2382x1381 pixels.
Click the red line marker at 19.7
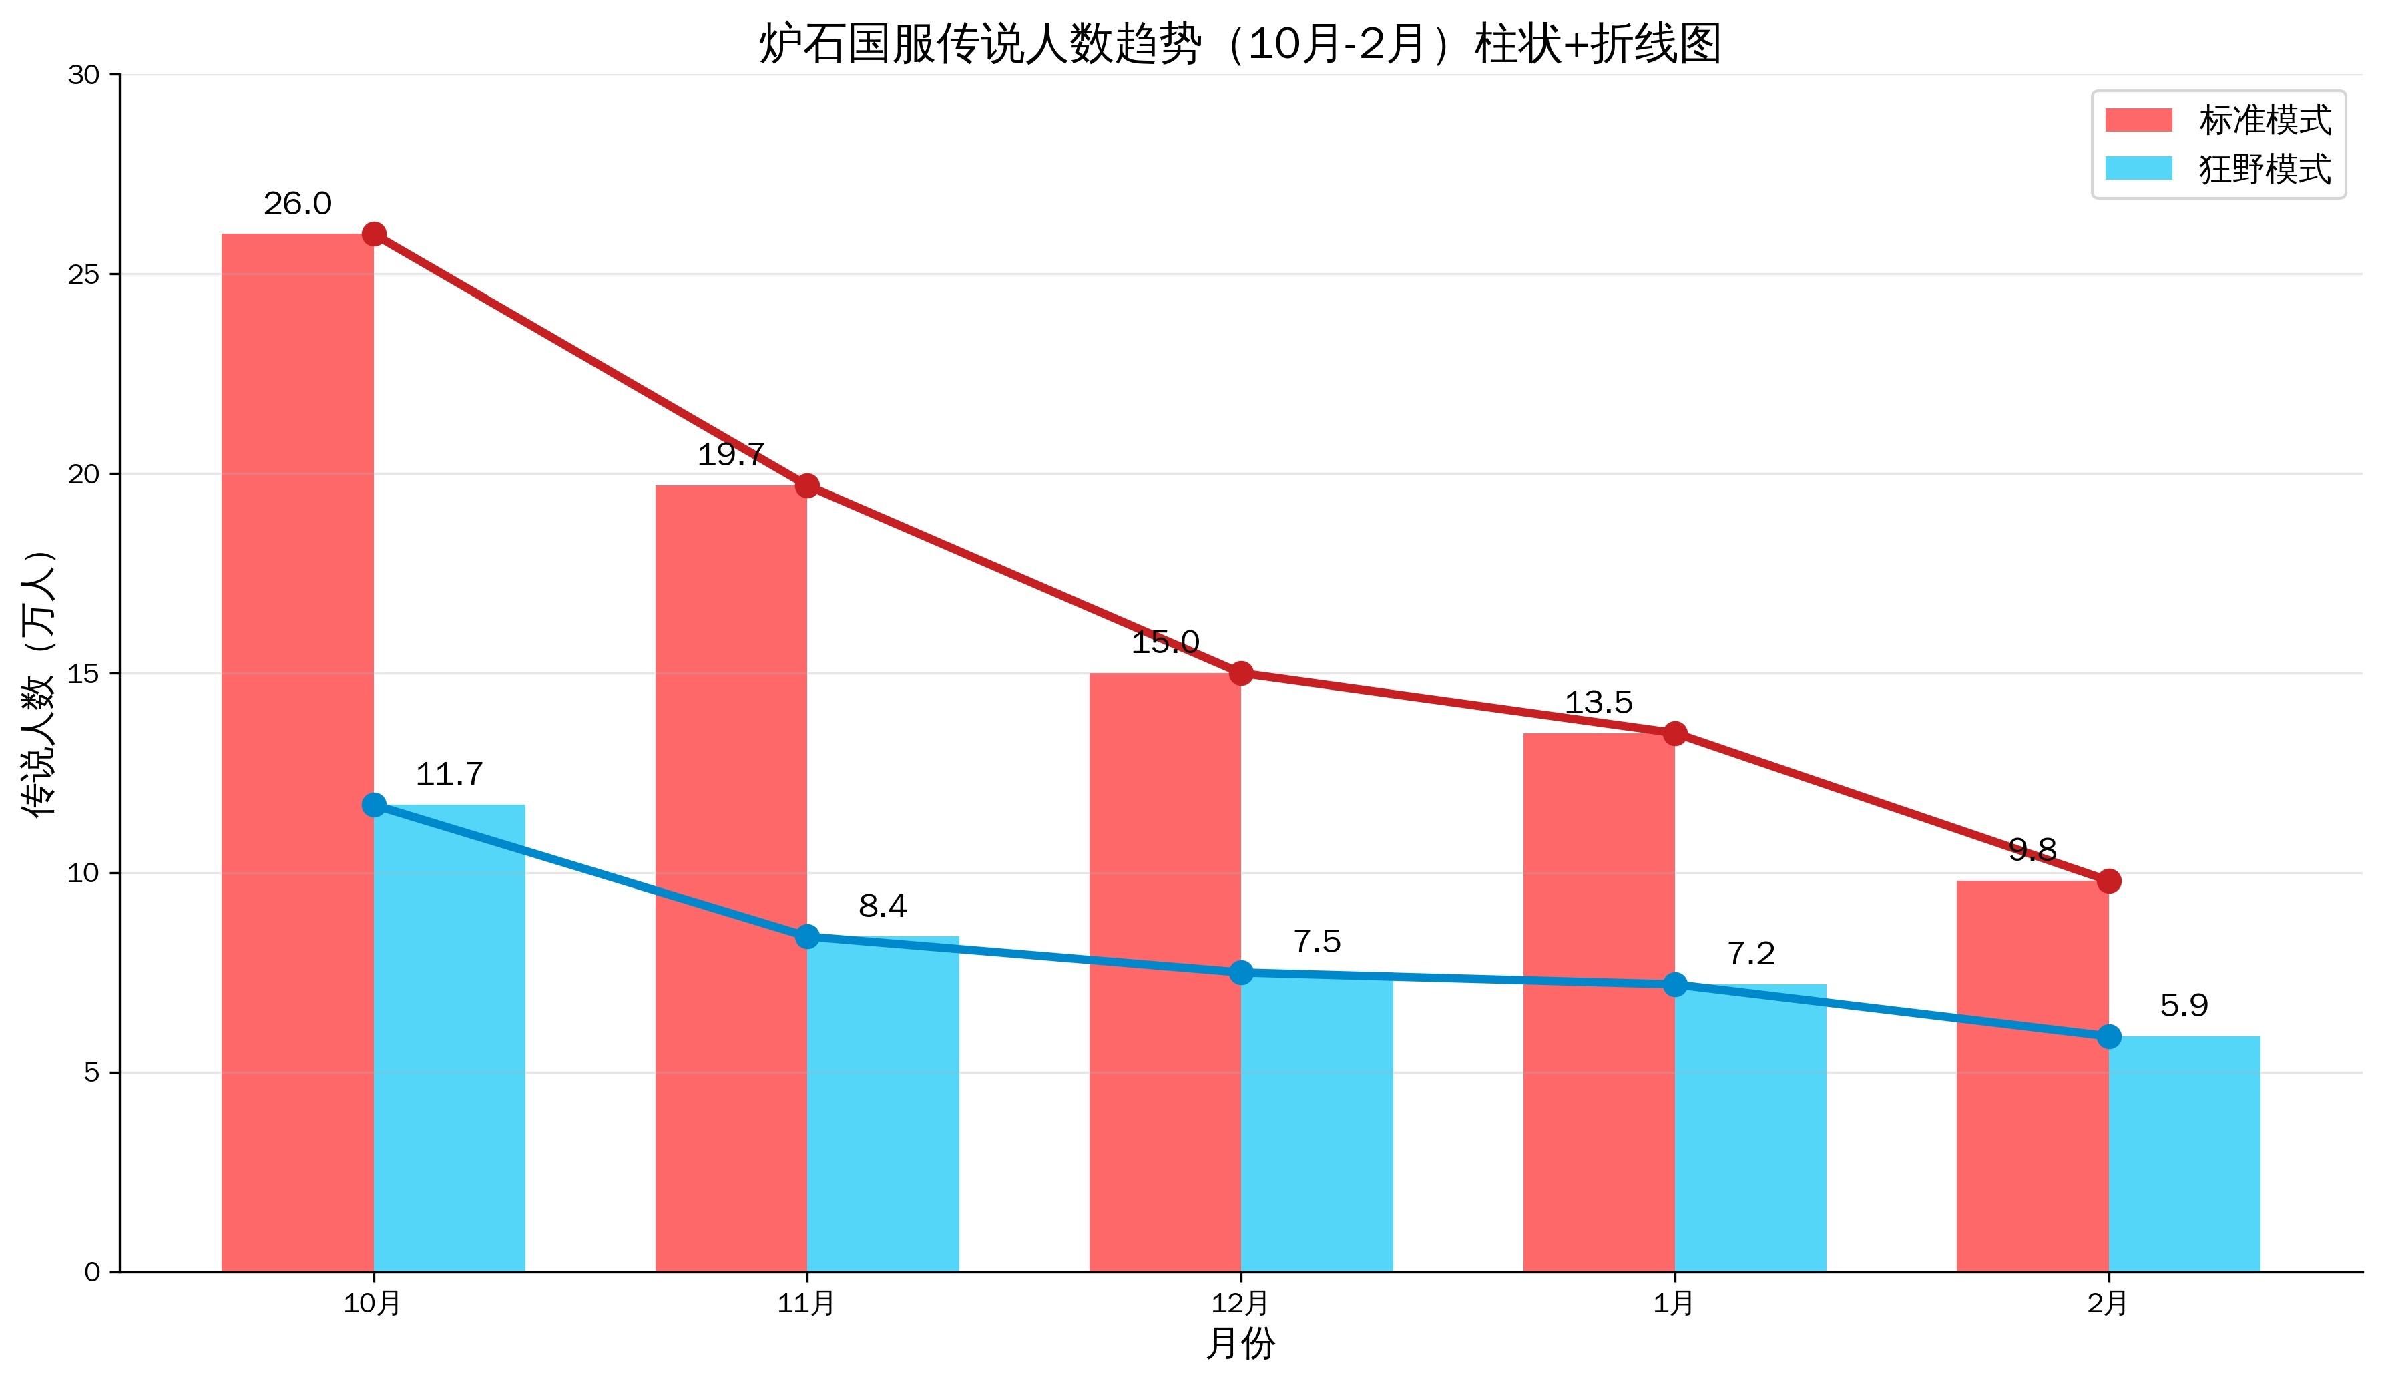pos(807,486)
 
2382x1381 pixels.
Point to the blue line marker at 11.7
pos(373,805)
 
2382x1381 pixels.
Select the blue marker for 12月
pos(1241,973)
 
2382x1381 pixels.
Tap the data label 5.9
pos(2184,1005)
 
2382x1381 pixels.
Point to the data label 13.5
pos(1598,703)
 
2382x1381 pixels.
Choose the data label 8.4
pos(883,906)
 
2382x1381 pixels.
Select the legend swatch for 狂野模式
pos(2138,168)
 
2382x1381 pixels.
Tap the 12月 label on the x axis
pos(1240,1304)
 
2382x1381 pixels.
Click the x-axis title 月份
pos(1240,1343)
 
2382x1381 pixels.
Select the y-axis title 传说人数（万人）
pos(39,682)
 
